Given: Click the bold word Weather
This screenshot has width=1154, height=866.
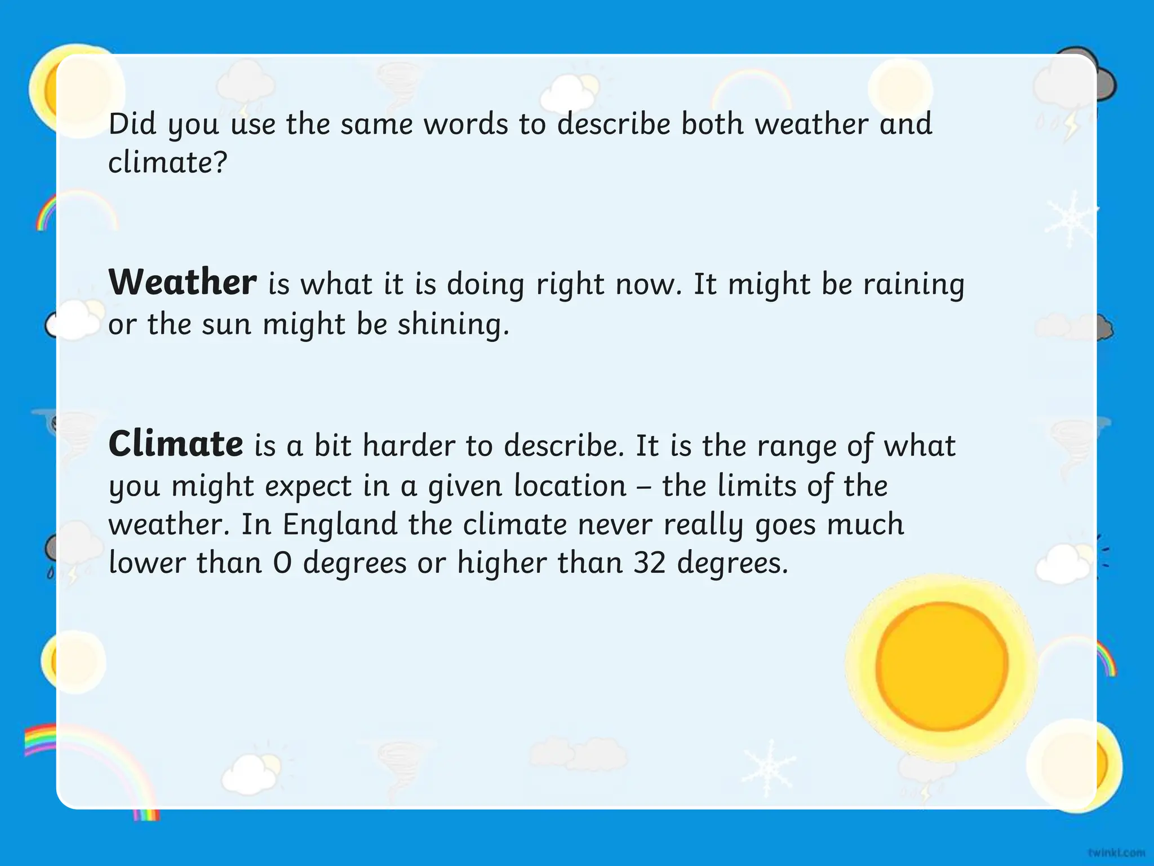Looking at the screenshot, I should coord(182,282).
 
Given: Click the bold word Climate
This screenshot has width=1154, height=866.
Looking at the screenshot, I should coord(176,444).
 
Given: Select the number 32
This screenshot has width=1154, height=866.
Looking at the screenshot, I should coord(650,563).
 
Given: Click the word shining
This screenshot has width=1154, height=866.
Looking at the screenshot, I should coord(453,325).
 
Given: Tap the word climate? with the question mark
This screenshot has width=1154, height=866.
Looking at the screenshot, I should coord(167,163).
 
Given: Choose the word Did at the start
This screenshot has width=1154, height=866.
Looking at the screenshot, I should coord(132,124).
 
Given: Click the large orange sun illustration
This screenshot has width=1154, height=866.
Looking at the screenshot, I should coord(942,666).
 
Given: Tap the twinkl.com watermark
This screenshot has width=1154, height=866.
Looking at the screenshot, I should coord(1116,852).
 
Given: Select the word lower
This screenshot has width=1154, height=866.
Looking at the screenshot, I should coord(147,563).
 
